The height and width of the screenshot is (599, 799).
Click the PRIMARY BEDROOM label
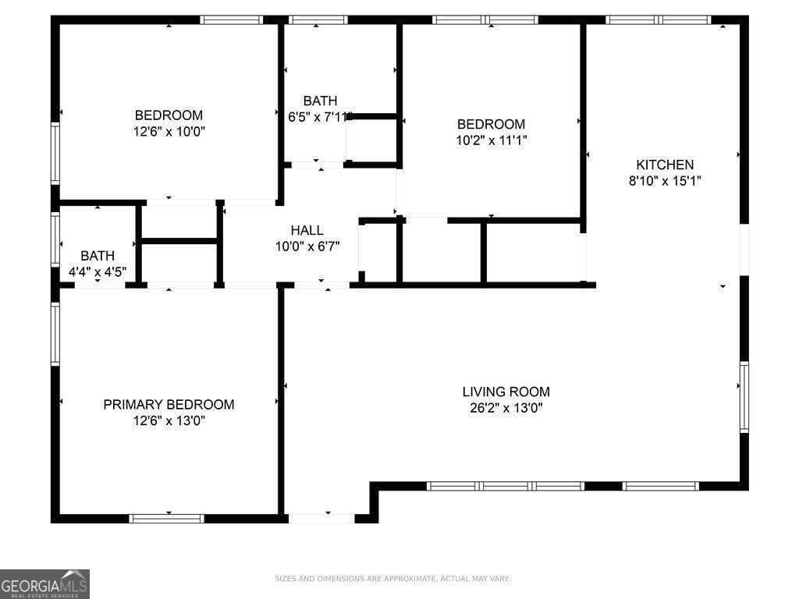click(x=169, y=405)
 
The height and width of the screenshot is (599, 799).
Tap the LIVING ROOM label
click(x=506, y=392)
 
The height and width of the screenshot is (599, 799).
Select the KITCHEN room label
click(x=665, y=165)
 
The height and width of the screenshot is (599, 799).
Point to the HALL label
click(x=307, y=230)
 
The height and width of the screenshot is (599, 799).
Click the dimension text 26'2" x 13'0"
click(x=506, y=408)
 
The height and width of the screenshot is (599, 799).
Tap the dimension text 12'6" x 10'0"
click(x=169, y=132)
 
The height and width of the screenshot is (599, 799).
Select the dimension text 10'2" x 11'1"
click(x=491, y=140)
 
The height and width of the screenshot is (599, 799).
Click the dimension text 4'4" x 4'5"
click(x=98, y=272)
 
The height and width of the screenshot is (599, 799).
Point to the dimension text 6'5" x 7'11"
click(x=320, y=117)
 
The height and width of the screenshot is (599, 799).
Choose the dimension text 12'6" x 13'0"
click(x=169, y=421)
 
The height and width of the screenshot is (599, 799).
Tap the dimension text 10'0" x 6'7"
click(x=307, y=246)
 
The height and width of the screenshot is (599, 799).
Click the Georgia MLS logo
click(x=44, y=583)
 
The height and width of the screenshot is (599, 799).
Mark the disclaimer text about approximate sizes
click(x=392, y=579)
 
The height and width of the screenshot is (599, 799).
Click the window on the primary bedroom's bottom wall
click(x=166, y=518)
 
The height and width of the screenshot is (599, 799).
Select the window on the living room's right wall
click(x=744, y=396)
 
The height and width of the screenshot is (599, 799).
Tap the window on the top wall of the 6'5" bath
click(x=317, y=19)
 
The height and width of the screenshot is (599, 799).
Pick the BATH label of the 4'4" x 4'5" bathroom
click(x=98, y=256)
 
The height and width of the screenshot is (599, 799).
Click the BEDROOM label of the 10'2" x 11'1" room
click(x=491, y=124)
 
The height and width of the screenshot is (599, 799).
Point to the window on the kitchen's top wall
click(x=658, y=19)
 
